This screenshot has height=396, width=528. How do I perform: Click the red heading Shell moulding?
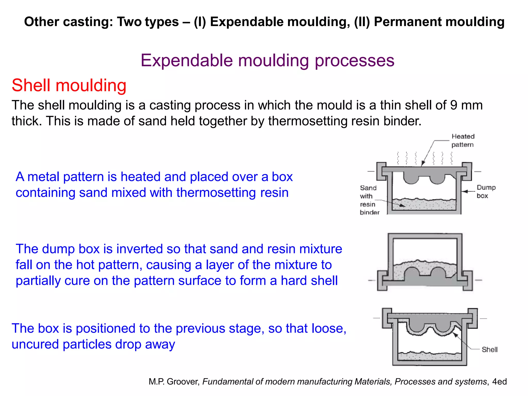(x=69, y=85)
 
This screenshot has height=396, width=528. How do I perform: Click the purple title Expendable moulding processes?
(x=267, y=61)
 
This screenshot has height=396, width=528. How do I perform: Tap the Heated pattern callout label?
(x=463, y=141)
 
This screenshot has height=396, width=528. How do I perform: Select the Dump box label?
(x=486, y=191)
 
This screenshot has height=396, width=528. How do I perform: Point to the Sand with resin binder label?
(x=369, y=200)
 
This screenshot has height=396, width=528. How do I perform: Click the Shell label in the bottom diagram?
(x=489, y=350)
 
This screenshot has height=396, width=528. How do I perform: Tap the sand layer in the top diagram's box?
(x=424, y=205)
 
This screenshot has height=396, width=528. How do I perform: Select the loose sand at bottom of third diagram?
(x=429, y=357)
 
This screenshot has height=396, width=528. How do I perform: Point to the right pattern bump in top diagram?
(x=438, y=179)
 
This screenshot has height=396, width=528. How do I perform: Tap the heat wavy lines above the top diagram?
(x=424, y=158)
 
